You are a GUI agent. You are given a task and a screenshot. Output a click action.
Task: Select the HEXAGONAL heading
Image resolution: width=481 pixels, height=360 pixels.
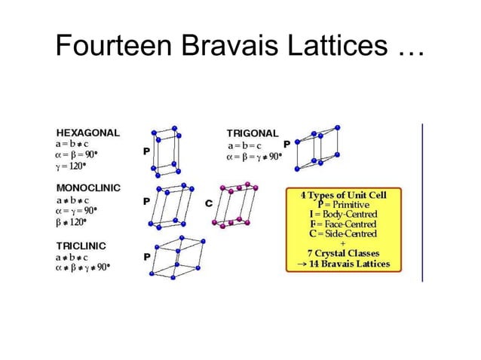click(x=87, y=132)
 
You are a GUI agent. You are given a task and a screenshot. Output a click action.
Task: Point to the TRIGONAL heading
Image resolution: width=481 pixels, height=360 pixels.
click(x=253, y=133)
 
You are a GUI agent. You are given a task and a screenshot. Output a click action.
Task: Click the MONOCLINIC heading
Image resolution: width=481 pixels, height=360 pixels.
click(x=89, y=187)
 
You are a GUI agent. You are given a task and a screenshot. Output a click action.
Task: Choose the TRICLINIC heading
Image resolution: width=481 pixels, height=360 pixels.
click(x=81, y=246)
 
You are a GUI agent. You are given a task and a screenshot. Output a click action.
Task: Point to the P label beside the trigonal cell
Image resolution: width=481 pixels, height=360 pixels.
click(x=286, y=143)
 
